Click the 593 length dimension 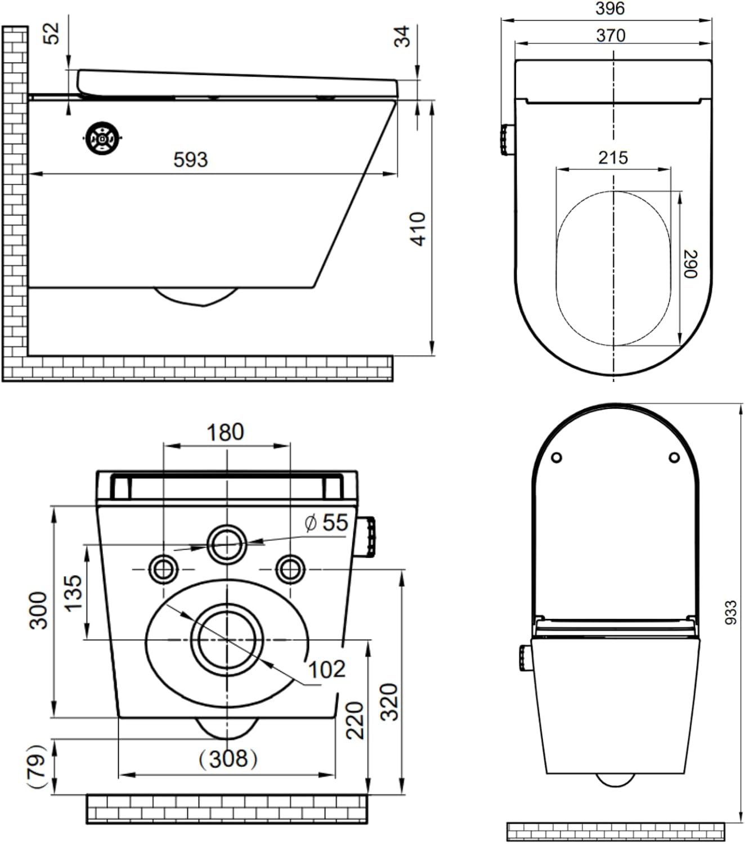190,160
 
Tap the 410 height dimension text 418,229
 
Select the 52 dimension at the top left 51,33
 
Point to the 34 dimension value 402,36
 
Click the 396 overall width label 610,8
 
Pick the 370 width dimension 611,35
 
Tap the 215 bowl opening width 613,158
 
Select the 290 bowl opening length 690,264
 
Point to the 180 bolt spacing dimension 226,432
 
